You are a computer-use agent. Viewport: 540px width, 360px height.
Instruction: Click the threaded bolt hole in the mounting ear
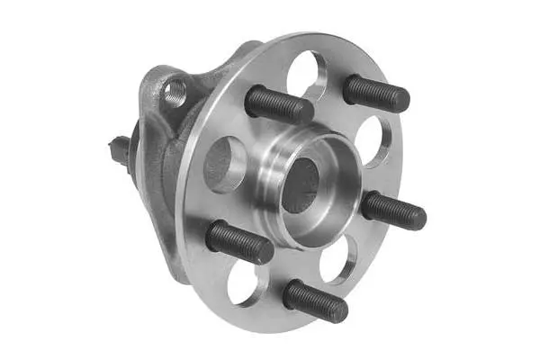click(x=175, y=90)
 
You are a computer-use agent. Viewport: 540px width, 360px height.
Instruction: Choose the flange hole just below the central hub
click(x=337, y=258)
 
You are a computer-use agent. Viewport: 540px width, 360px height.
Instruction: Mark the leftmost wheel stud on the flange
click(x=239, y=242)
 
